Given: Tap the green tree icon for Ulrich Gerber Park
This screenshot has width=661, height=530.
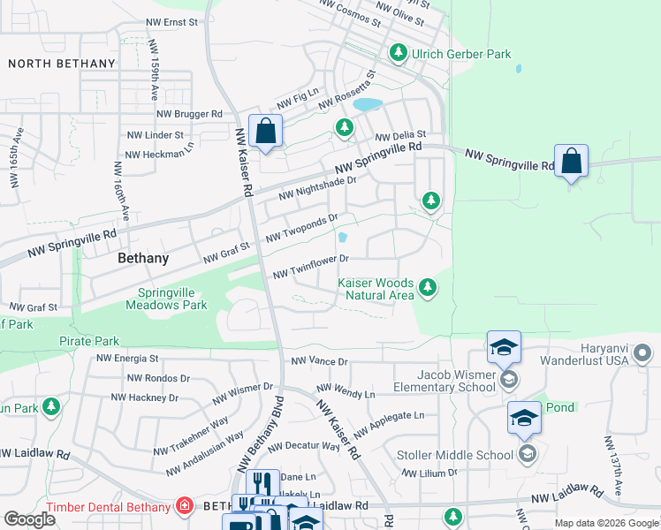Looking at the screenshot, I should [399, 54].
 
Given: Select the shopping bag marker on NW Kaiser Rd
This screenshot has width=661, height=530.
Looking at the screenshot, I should [265, 132].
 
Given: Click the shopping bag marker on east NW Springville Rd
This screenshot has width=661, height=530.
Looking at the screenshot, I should [572, 162].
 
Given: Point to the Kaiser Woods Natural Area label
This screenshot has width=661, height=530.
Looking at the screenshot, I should [376, 289].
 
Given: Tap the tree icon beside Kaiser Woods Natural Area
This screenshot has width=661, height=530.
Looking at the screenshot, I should [428, 288].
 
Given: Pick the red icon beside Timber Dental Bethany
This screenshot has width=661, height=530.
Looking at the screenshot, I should [184, 506].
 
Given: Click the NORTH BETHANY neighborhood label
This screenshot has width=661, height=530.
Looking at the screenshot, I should [62, 64].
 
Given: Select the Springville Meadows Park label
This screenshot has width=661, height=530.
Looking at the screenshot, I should [172, 299].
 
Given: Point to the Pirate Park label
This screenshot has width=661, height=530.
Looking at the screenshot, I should [88, 340].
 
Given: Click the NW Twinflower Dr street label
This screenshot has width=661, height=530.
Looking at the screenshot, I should [312, 266].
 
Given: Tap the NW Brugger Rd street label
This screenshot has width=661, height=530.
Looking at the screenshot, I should [189, 114].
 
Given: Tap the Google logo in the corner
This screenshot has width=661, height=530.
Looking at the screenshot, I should [30, 519].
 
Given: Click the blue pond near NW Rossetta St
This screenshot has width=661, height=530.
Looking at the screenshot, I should [368, 104].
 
